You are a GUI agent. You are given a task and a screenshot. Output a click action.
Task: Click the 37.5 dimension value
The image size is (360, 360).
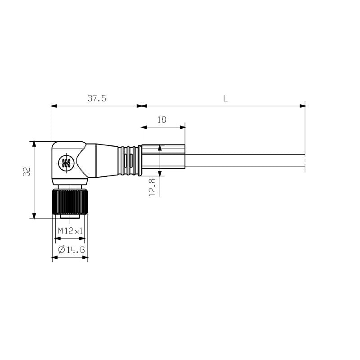(97, 99)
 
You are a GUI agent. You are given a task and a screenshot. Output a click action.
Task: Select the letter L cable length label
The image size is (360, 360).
(225, 99)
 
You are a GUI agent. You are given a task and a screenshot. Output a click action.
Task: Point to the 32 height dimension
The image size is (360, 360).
(27, 171)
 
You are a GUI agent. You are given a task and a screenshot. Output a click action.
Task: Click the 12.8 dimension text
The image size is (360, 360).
(153, 187)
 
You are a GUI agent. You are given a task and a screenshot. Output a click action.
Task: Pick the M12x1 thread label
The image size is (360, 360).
(70, 231)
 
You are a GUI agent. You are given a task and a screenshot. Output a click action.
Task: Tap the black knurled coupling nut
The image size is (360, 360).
(70, 202)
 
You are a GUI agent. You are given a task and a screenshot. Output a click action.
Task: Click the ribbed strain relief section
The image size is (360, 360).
(128, 161)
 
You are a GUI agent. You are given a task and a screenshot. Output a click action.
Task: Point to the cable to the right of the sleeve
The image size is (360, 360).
(243, 161)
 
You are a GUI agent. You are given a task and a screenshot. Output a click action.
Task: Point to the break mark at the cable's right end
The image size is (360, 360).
(305, 161)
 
